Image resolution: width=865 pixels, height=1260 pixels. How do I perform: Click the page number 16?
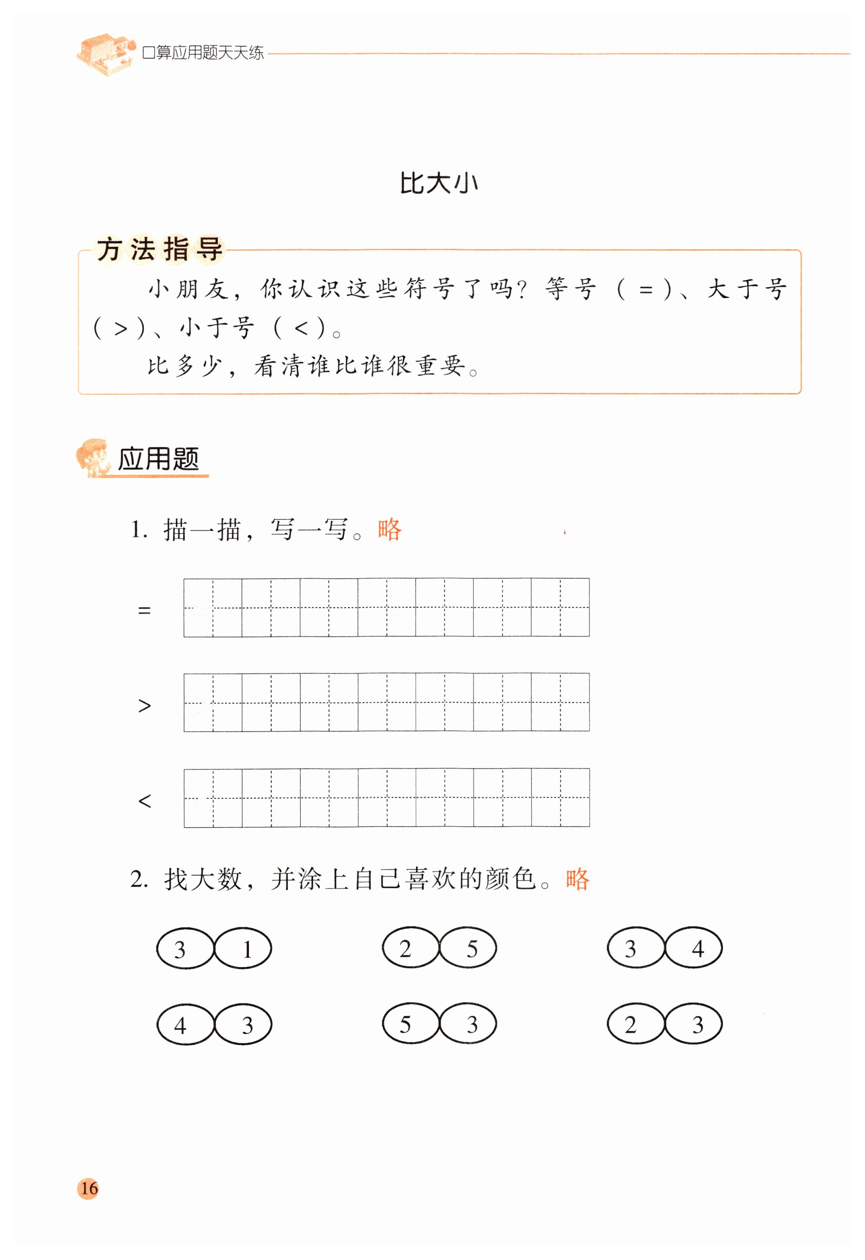88,1189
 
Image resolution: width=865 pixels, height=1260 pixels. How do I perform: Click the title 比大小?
439,183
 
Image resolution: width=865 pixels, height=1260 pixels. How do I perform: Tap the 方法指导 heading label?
159,249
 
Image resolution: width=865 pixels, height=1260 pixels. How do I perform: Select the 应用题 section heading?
158,459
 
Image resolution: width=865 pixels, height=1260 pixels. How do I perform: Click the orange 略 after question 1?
389,529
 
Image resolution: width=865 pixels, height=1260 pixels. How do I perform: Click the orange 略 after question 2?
577,879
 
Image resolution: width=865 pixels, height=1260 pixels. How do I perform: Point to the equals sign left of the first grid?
145,611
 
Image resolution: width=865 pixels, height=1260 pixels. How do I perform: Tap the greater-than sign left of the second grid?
145,705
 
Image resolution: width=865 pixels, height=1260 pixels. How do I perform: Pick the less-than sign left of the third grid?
145,801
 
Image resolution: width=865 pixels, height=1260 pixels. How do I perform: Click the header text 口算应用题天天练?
203,52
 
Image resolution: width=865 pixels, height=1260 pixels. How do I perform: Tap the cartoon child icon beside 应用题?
92,458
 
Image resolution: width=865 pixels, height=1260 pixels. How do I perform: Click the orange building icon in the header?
105,53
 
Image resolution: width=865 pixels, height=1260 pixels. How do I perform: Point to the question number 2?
138,879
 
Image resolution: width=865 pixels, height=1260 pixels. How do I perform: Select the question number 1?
138,529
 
